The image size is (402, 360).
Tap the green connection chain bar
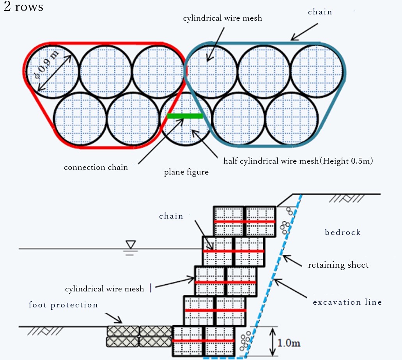[185, 116]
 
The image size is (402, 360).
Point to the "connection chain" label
[96, 168]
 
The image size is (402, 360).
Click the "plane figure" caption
[186, 172]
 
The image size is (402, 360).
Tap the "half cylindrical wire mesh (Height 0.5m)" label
[298, 161]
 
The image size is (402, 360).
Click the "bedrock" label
[343, 232]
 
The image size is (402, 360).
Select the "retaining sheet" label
[338, 265]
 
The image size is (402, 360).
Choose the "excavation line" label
[347, 302]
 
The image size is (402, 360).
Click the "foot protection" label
[63, 305]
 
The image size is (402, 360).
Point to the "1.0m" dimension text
[289, 343]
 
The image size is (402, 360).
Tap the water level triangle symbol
[131, 244]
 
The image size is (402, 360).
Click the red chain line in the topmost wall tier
[244, 221]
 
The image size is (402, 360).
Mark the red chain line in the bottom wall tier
[203, 341]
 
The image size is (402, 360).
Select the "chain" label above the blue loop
[320, 12]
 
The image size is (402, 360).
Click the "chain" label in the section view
[171, 216]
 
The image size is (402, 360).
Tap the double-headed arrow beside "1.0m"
[273, 341]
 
